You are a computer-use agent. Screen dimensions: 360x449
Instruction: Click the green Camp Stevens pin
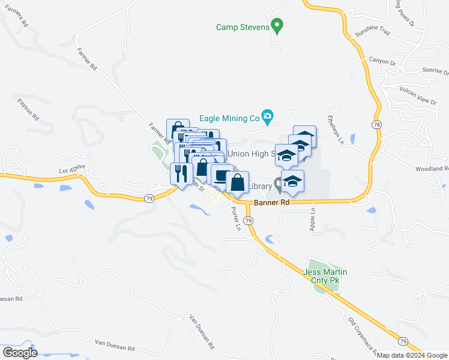click(277, 26)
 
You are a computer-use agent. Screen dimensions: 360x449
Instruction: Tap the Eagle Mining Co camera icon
click(268, 116)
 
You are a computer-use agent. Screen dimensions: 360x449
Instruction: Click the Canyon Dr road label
click(382, 62)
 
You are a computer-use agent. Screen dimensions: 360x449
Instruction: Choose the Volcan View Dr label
click(418, 95)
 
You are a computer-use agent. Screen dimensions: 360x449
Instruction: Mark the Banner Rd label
click(271, 203)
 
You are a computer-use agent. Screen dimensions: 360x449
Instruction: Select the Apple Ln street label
click(312, 220)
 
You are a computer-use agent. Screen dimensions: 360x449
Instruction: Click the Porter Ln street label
click(236, 220)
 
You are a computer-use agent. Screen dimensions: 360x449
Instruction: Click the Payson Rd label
click(28, 108)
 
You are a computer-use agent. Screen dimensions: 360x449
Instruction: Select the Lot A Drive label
click(73, 170)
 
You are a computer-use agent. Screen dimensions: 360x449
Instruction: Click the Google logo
click(20, 353)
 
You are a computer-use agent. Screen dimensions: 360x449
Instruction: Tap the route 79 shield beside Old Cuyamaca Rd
click(403, 341)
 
